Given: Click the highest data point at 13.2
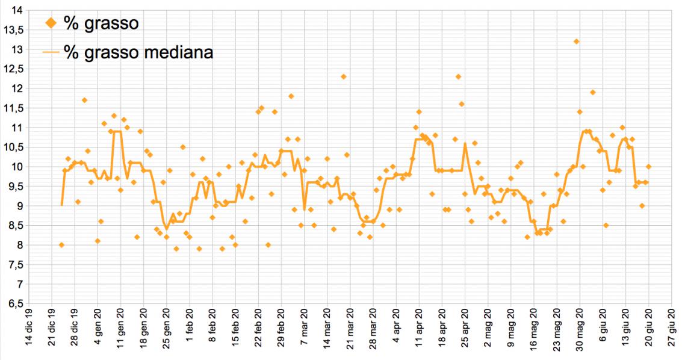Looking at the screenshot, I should [x=576, y=42].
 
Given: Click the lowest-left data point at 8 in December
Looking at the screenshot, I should [x=61, y=245].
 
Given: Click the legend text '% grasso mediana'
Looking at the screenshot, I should [x=138, y=52].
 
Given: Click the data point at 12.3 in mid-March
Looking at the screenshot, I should [x=343, y=76].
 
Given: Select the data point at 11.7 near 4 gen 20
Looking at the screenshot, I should [x=84, y=100].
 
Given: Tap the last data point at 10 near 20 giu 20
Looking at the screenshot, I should [x=648, y=167].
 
